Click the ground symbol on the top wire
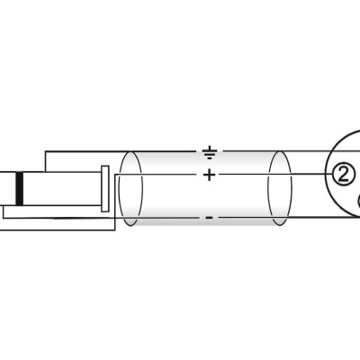click(x=210, y=152)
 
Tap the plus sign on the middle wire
click(x=209, y=175)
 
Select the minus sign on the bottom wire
click(x=209, y=217)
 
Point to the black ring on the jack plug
click(x=20, y=189)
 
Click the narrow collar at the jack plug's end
click(x=105, y=189)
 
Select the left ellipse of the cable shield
click(x=130, y=188)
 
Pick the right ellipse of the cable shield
click(x=279, y=188)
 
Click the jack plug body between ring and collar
click(x=62, y=189)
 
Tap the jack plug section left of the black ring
click(x=8, y=189)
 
